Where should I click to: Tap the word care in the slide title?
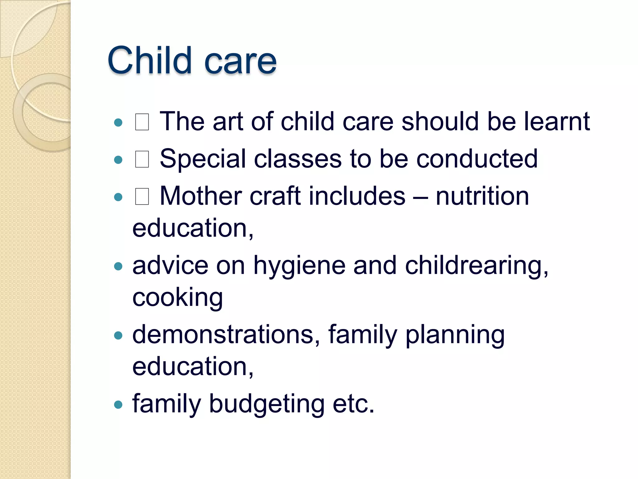(x=240, y=62)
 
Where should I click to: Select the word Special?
(x=203, y=159)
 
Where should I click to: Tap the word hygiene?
(x=299, y=266)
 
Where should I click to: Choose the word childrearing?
(x=476, y=266)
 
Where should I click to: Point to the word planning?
(x=455, y=335)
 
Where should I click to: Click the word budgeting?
(x=267, y=404)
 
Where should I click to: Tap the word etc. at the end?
(x=353, y=404)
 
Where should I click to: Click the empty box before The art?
(x=142, y=122)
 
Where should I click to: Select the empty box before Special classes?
(x=142, y=159)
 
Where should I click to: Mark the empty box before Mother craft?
(x=142, y=197)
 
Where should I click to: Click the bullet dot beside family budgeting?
(x=118, y=405)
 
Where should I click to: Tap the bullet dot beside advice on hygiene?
(x=118, y=266)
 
